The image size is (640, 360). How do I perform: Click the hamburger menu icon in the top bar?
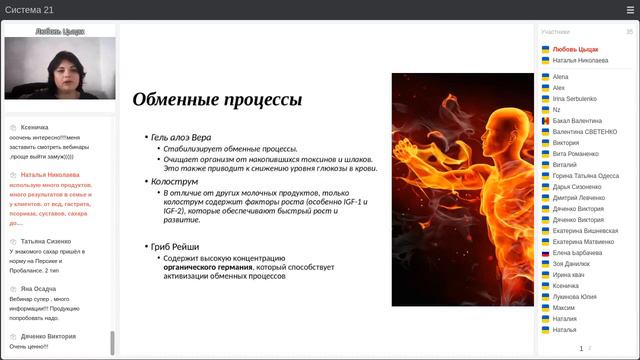630,10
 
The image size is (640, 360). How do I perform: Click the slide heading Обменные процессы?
217,100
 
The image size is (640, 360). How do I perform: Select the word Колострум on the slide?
174,183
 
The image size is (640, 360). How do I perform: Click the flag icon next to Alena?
545,76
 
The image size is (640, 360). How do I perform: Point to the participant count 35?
629,32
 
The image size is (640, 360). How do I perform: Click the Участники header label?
555,32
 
